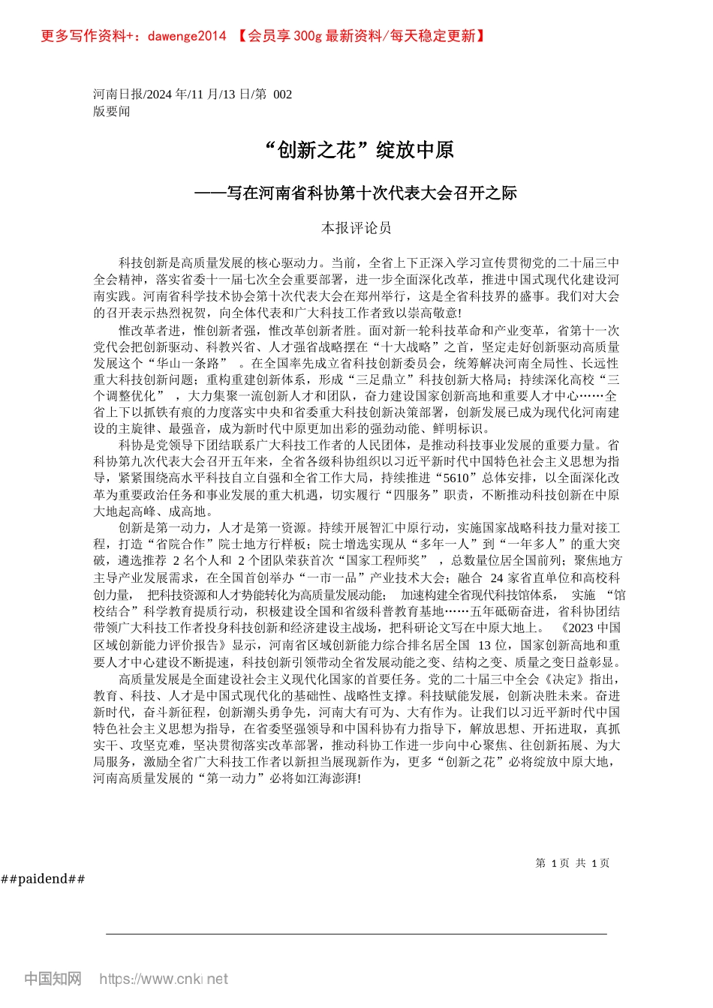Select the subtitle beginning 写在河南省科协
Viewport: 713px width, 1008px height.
(x=356, y=193)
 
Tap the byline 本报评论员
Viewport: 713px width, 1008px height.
(x=356, y=228)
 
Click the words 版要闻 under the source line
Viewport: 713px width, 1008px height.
(x=112, y=112)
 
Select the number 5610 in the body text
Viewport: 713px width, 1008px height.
(x=456, y=478)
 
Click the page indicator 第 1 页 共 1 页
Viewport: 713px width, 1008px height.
(x=573, y=863)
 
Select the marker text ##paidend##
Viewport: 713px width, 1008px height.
(x=44, y=879)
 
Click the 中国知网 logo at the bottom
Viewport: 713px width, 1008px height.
(x=53, y=979)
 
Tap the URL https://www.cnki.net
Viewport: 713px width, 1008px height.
(x=164, y=979)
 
